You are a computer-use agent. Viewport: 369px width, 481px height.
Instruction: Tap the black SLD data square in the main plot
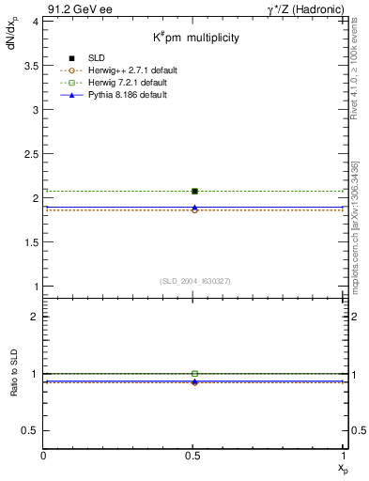[x=194, y=192]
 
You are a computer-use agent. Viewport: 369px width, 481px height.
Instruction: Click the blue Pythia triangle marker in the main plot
[x=194, y=207]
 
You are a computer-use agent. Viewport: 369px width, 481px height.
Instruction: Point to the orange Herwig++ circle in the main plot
[x=194, y=210]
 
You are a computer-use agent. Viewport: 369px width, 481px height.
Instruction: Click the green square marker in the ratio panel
[x=194, y=374]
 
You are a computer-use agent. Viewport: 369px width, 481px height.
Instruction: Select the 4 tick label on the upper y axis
[x=35, y=21]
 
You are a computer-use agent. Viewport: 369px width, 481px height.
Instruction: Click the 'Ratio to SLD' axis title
[x=15, y=385]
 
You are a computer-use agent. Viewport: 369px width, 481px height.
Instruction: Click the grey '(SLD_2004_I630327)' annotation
[x=194, y=281]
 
